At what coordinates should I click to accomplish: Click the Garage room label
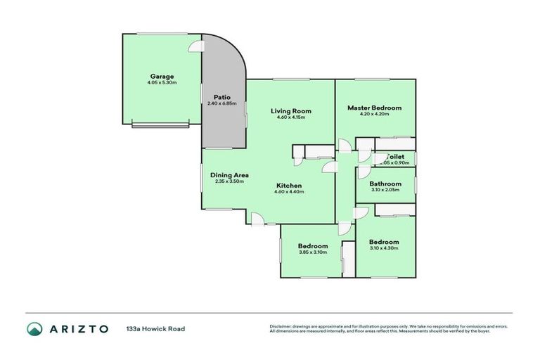161,76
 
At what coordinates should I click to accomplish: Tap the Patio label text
222,97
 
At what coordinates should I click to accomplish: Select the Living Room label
291,111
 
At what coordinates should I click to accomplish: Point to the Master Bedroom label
374,108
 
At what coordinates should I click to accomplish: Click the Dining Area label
229,175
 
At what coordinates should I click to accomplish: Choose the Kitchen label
289,186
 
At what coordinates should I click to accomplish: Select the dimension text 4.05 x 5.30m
161,83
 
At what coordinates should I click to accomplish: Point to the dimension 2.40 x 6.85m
222,103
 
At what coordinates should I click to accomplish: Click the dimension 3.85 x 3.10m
313,252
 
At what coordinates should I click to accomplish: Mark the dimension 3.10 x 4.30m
384,248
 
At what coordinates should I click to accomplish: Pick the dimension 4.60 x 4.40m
289,192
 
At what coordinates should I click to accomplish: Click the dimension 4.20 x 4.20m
374,114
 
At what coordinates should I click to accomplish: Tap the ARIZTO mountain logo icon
34,328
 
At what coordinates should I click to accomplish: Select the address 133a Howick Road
155,328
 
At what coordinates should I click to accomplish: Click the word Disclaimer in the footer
281,326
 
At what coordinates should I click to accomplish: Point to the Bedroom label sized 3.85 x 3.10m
313,246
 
